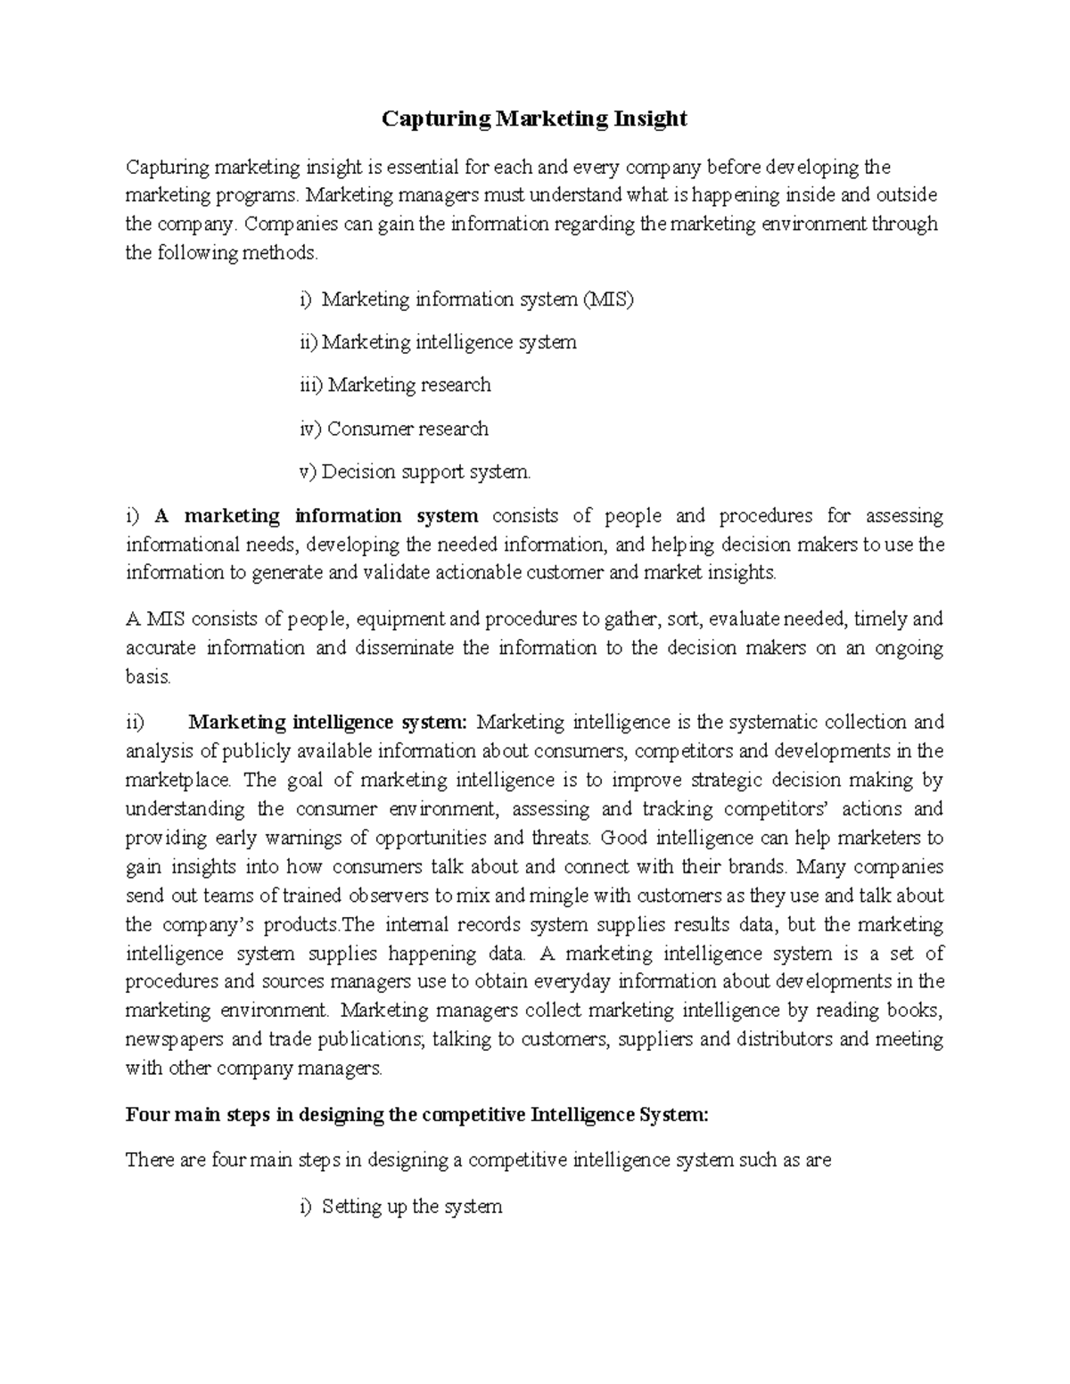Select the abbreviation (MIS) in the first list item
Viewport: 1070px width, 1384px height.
click(608, 299)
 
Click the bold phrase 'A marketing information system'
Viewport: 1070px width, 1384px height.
click(317, 516)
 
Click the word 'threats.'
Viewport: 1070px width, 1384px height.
click(562, 839)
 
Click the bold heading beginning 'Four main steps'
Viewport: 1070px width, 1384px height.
click(417, 1115)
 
